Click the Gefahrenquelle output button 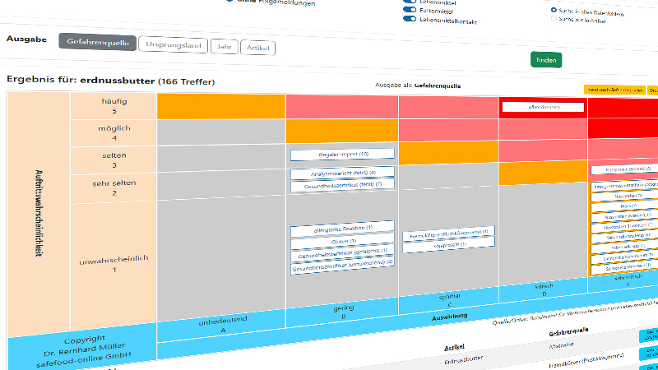coord(97,43)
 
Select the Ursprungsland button coord(173,45)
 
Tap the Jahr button coord(222,47)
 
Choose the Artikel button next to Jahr coord(257,49)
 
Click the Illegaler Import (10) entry coord(342,155)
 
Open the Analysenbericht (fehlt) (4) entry coord(342,173)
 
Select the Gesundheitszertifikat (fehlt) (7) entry coord(342,187)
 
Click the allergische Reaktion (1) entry coord(342,228)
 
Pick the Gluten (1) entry coord(342,242)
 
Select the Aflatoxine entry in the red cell coord(543,107)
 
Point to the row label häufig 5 coord(114,106)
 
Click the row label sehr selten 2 coord(114,187)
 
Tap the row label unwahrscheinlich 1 coord(114,263)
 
